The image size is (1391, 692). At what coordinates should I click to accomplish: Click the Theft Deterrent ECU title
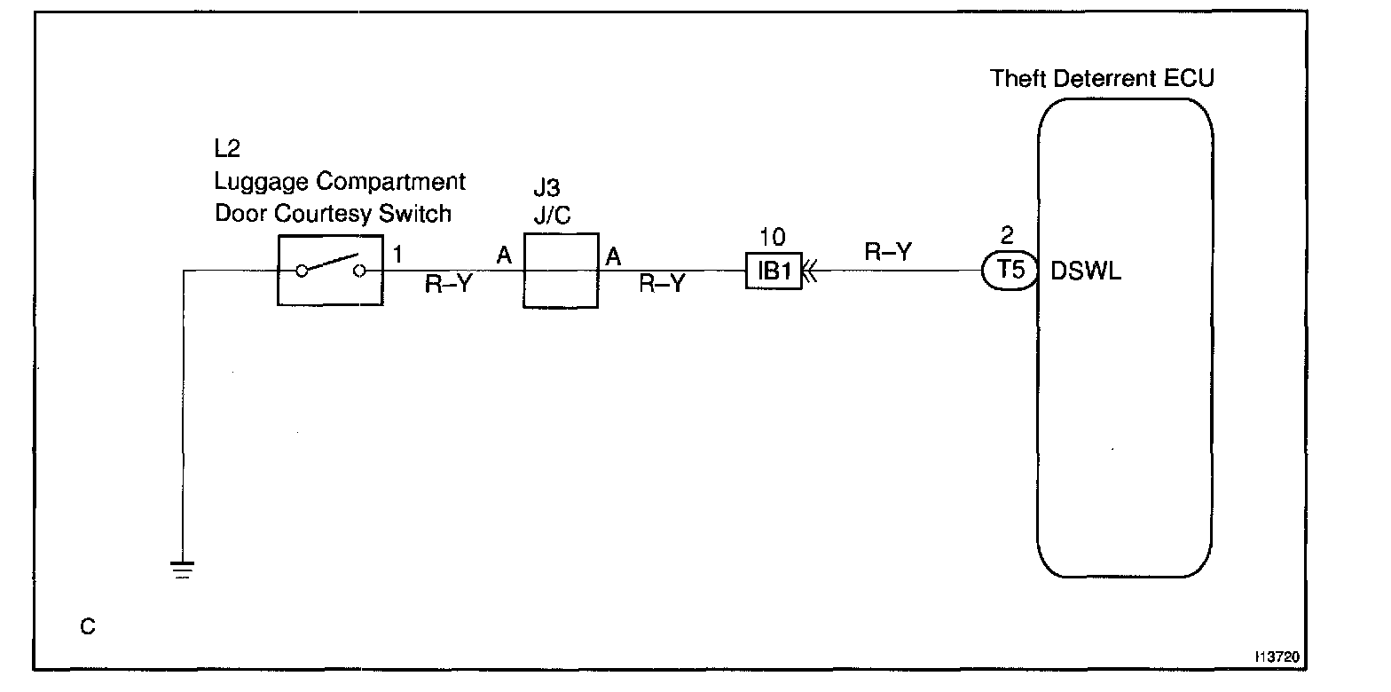click(x=1102, y=78)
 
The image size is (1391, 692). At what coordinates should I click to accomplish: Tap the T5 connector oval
click(x=1010, y=271)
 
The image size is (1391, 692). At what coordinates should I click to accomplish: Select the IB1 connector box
click(x=774, y=271)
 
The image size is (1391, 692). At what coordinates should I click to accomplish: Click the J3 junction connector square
click(x=560, y=271)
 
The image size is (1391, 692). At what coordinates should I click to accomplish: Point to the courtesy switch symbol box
click(x=330, y=271)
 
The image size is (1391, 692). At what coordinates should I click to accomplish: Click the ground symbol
click(x=182, y=568)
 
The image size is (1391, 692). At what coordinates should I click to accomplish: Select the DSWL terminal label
click(x=1086, y=272)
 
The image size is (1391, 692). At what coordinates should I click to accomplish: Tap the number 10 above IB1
click(x=773, y=239)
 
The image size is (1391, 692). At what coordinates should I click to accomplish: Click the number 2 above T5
click(x=1007, y=237)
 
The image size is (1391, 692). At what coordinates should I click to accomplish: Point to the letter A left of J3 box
click(x=505, y=256)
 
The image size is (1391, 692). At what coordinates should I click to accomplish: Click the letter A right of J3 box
click(x=612, y=256)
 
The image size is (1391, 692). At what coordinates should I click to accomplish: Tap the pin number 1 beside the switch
click(x=397, y=255)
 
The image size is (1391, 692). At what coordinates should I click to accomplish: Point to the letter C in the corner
click(x=87, y=627)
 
